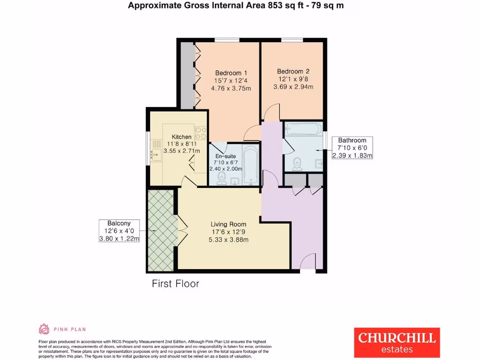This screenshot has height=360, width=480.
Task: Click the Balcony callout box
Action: tap(120, 231)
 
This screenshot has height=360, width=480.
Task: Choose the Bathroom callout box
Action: tap(352, 148)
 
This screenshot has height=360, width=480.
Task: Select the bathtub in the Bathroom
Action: tap(302, 128)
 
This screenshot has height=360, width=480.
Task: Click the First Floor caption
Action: tap(175, 284)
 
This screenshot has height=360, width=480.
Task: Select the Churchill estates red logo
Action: tap(397, 342)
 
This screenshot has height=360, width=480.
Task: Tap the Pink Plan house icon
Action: tap(44, 329)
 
